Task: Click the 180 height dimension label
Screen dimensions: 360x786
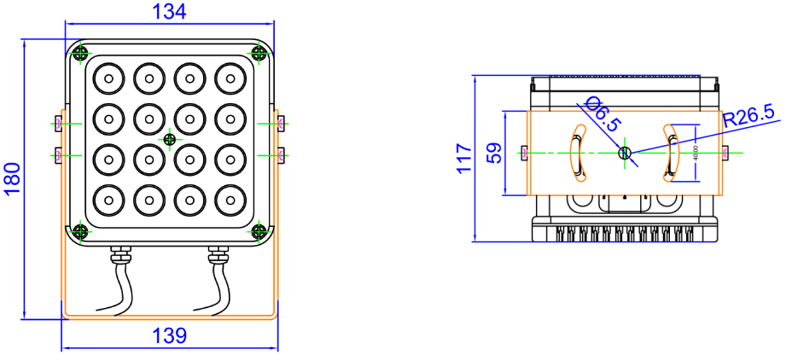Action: [x=12, y=179]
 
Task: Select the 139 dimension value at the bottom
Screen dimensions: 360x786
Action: [x=169, y=336]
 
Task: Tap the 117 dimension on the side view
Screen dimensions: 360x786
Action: [x=463, y=158]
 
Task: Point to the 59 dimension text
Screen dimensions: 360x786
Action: [x=493, y=153]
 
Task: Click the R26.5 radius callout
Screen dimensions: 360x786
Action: [x=748, y=113]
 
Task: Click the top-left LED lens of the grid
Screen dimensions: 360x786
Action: [x=108, y=78]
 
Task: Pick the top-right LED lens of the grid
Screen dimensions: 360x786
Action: [x=229, y=78]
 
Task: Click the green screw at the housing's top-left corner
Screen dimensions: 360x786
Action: [x=79, y=53]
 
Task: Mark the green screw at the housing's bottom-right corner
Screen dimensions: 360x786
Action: [x=260, y=229]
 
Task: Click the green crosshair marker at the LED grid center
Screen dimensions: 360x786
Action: [x=170, y=139]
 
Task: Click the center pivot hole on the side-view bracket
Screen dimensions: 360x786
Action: [x=624, y=154]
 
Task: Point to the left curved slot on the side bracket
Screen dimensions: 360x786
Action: [x=578, y=154]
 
